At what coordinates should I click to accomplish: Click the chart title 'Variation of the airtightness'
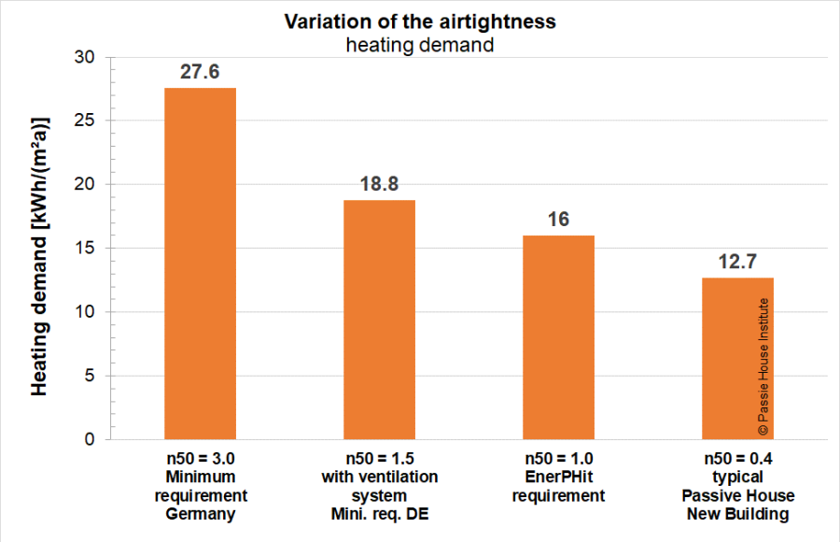click(420, 22)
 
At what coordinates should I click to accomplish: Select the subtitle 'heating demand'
click(420, 45)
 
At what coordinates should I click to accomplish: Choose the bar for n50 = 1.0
click(558, 337)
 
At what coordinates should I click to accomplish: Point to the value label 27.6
click(200, 72)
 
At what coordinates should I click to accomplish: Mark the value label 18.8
click(379, 184)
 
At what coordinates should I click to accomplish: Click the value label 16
click(558, 220)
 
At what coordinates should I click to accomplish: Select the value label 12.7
click(737, 262)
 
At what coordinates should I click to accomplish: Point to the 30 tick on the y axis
click(84, 57)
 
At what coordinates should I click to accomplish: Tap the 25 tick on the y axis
click(84, 121)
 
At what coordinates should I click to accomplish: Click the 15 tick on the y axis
click(84, 248)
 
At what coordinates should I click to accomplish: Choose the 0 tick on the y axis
click(90, 439)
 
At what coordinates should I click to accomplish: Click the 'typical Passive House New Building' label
click(737, 495)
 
